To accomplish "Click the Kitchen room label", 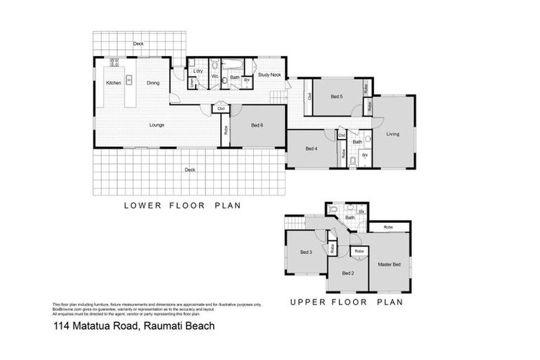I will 114,83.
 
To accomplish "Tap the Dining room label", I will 153,83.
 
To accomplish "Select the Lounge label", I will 157,125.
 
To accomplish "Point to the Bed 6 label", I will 257,125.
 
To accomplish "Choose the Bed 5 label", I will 336,96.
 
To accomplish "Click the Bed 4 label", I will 311,148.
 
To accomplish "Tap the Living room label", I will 393,134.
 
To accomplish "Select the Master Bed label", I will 389,264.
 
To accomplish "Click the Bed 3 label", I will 306,252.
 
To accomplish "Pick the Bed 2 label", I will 347,273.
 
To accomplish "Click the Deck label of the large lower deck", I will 189,169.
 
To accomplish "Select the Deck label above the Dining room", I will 139,44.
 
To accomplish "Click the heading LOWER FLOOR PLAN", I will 182,206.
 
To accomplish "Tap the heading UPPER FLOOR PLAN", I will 346,303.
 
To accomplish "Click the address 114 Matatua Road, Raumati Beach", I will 134,326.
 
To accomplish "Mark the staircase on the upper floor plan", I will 293,223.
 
